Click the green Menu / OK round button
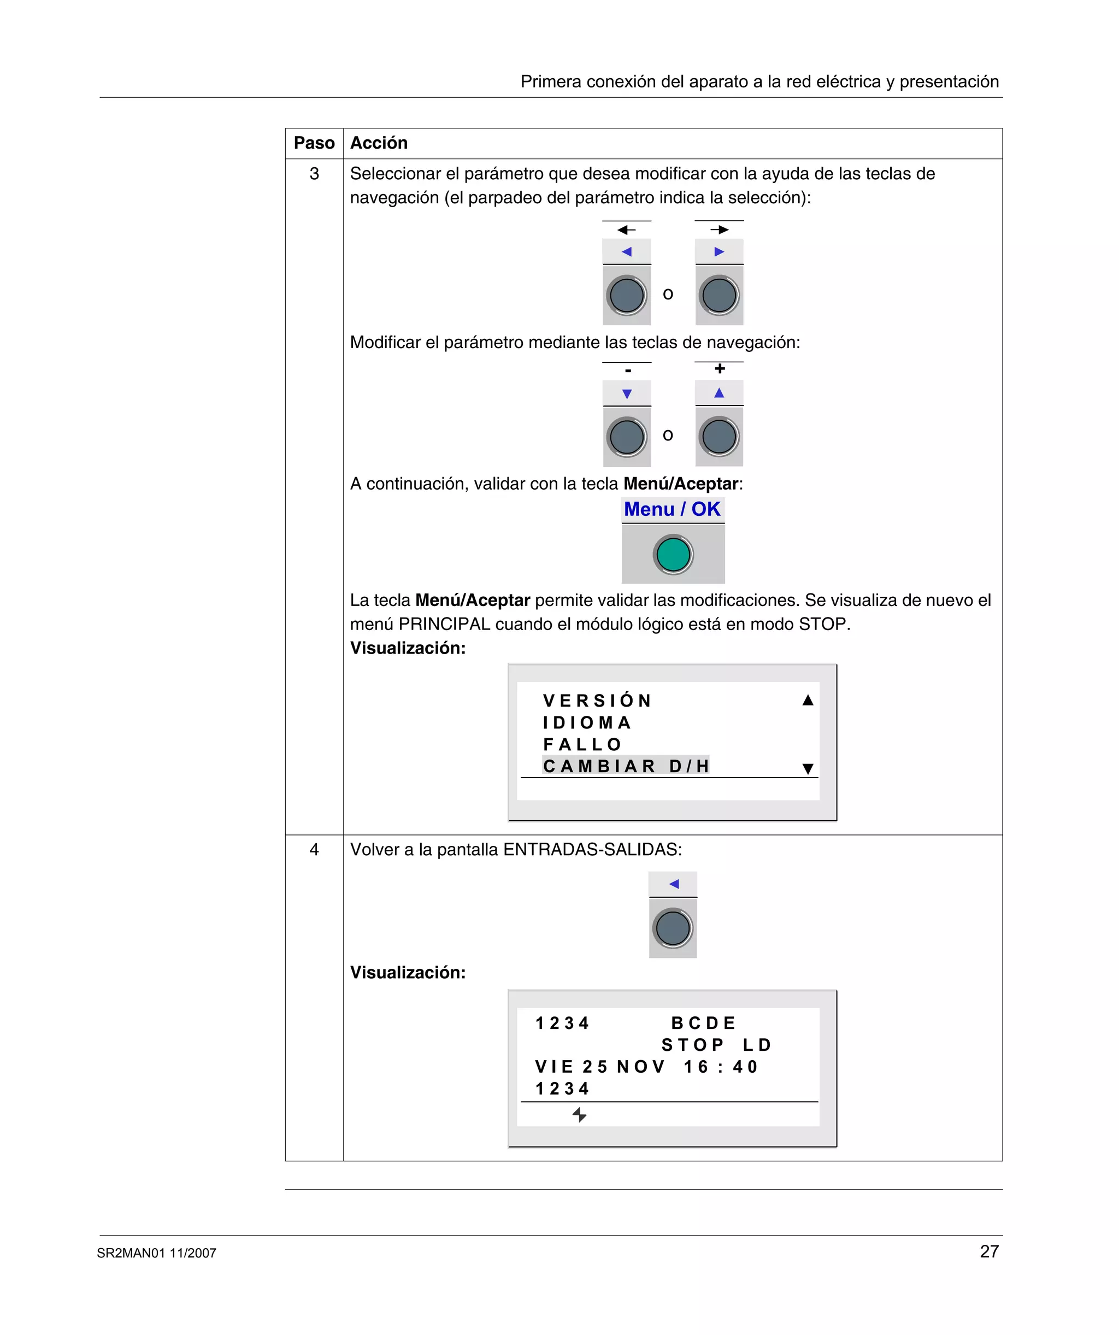point(673,554)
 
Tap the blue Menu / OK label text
point(672,509)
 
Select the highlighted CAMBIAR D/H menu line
point(626,766)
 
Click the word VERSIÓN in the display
point(597,701)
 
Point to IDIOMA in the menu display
point(587,723)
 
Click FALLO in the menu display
point(582,744)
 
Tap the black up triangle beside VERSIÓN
point(808,701)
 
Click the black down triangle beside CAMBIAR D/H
point(808,768)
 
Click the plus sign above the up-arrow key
point(719,369)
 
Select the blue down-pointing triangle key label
point(627,394)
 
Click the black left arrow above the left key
point(626,230)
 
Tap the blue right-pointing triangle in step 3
point(719,252)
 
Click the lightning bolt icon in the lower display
point(579,1114)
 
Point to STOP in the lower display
point(692,1045)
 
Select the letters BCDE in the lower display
point(703,1023)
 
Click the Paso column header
point(314,143)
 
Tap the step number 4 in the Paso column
point(314,849)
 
